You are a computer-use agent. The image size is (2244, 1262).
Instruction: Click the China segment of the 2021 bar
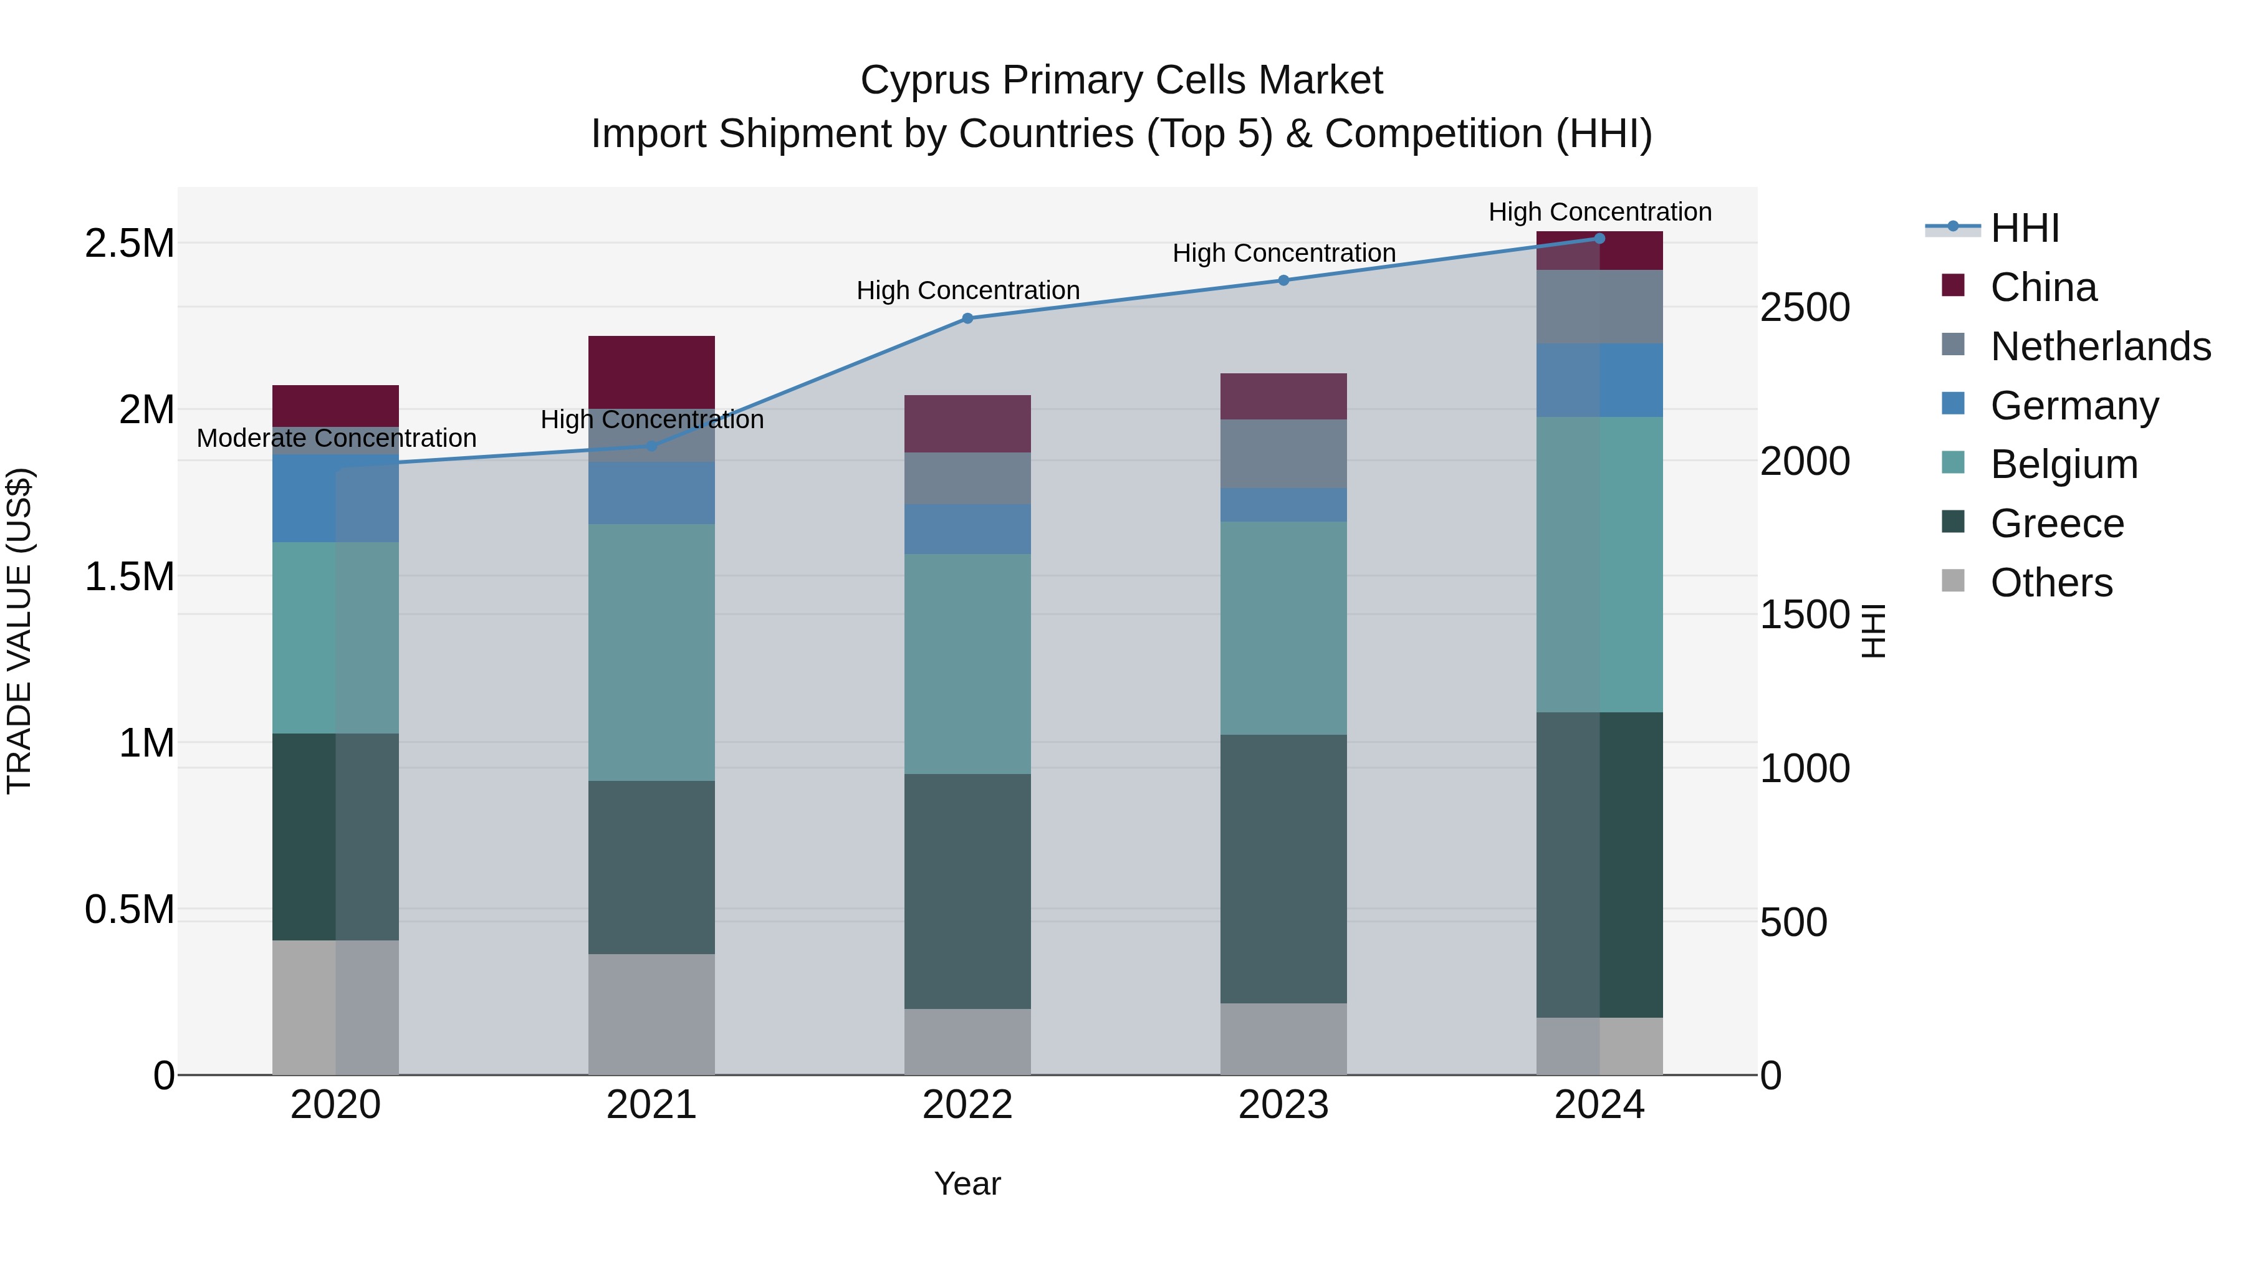point(651,372)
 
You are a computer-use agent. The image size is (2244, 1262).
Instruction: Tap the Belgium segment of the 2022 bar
point(967,664)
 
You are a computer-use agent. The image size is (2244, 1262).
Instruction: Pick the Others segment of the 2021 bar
point(651,1014)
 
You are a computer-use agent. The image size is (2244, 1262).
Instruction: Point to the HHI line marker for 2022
point(967,318)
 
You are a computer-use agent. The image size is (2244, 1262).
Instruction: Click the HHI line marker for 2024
point(1599,238)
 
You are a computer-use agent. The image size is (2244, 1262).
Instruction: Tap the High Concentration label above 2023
point(1283,254)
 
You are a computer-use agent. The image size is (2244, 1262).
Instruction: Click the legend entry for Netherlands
point(2100,347)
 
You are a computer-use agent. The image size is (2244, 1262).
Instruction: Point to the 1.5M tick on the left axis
point(130,576)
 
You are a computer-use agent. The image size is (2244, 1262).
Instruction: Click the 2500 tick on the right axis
point(1804,307)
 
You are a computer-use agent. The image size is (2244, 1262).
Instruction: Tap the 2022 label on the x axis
point(967,1105)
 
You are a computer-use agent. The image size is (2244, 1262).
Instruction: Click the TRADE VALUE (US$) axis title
point(19,631)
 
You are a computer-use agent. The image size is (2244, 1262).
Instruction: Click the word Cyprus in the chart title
point(923,80)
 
